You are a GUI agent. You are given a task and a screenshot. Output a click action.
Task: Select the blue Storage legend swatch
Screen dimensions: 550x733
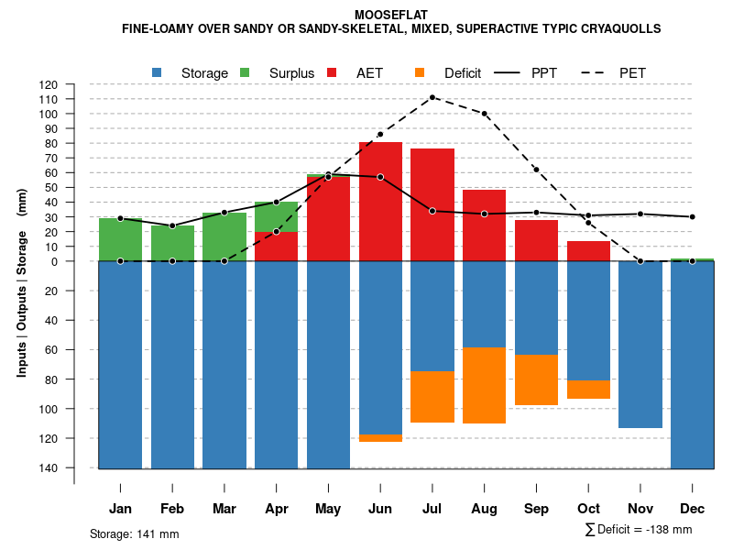(158, 72)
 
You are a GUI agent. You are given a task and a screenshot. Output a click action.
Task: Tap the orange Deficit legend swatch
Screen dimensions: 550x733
(421, 72)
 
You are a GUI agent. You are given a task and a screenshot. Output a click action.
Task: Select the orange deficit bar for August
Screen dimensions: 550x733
(485, 385)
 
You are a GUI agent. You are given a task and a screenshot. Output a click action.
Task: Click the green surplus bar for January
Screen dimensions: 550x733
(120, 239)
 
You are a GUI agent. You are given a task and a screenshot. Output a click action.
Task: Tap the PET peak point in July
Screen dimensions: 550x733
(432, 97)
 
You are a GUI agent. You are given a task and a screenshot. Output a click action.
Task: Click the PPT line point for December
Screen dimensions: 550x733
(693, 217)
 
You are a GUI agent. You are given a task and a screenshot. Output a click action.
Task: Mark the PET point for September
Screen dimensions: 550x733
(536, 170)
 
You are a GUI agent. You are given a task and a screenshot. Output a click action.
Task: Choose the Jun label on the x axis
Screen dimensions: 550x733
(380, 509)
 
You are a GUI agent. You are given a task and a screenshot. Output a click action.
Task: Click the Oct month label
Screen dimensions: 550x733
(589, 509)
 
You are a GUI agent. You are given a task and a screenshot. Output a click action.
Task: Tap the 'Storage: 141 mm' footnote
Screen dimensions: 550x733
(134, 533)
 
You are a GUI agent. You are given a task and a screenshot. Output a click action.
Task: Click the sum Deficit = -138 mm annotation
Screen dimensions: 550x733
(639, 530)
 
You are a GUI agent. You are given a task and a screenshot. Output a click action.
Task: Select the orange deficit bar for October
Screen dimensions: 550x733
(588, 390)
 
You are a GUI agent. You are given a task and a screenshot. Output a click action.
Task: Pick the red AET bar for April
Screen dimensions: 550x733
(276, 247)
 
